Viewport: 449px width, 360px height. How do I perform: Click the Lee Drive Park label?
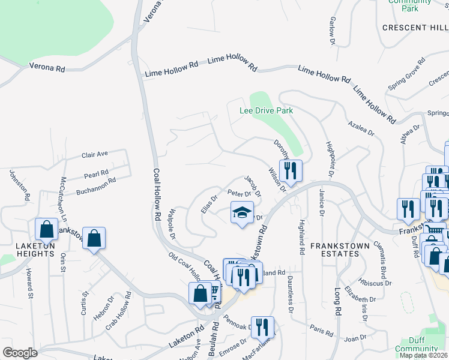coord(266,111)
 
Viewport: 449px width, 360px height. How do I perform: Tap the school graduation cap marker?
coord(242,214)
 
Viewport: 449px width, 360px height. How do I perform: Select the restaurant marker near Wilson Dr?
coord(291,171)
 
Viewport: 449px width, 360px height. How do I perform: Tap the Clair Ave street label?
coord(94,155)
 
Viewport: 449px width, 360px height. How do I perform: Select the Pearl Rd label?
coord(96,174)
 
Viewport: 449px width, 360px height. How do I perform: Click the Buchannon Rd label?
coord(95,186)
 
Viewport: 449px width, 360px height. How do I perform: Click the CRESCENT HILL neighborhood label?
coord(415,28)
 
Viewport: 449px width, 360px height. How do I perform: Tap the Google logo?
coord(20,352)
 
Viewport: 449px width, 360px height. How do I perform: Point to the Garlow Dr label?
coord(332,31)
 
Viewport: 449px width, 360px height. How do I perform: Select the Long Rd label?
coord(338,302)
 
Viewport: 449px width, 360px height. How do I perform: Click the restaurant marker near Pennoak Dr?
coord(262,328)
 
